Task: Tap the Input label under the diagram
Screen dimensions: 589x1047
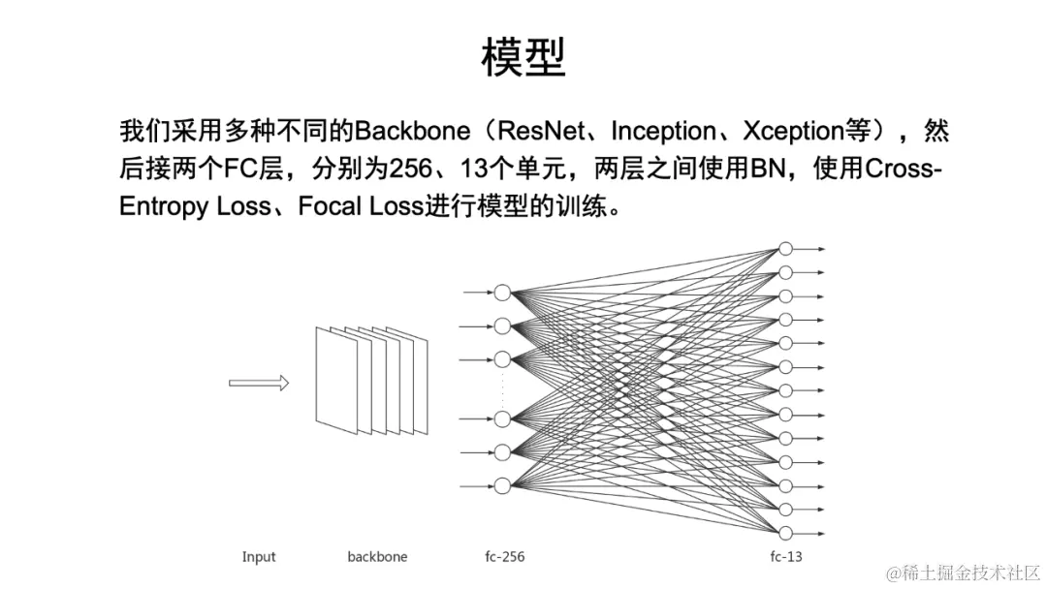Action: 259,557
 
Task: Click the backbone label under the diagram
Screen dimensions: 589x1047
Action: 377,557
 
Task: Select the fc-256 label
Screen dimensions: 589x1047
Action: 505,557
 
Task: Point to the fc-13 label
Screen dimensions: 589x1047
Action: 786,557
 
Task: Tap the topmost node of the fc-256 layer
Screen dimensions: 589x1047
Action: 502,293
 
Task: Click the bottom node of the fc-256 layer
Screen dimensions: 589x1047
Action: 502,485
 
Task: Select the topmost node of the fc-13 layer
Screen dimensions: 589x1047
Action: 786,249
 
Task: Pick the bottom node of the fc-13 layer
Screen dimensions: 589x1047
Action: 786,532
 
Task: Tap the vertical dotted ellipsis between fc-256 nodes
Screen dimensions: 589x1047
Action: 502,388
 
